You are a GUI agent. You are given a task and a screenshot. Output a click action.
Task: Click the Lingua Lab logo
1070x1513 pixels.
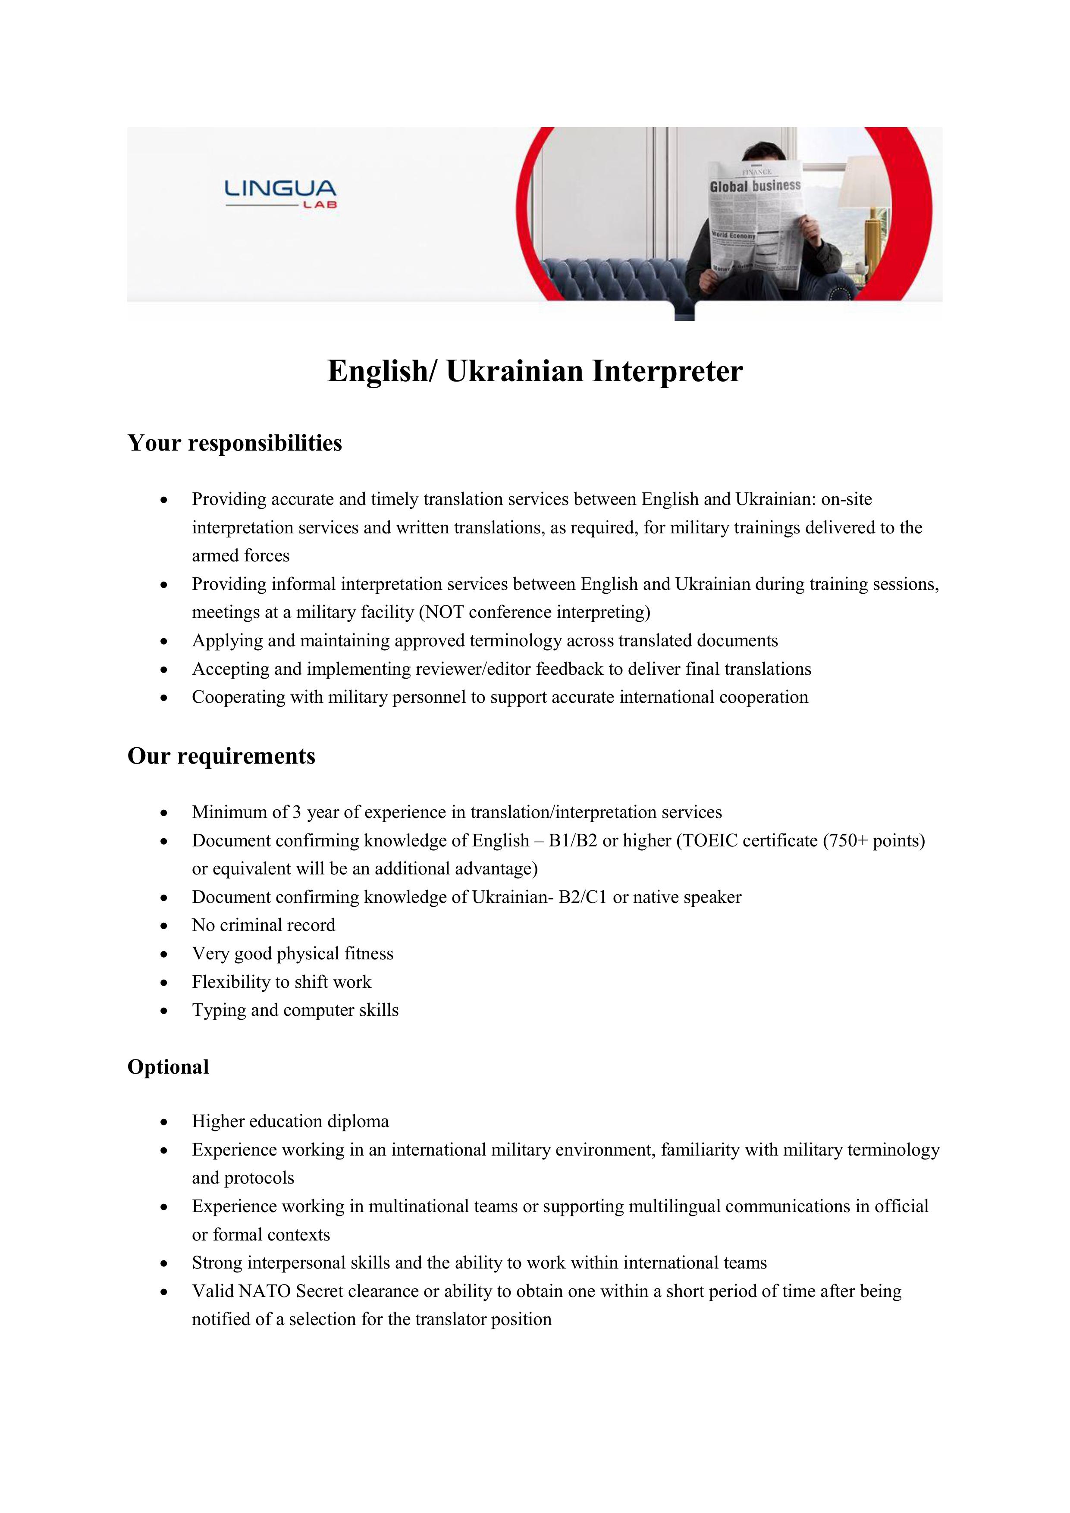pyautogui.click(x=281, y=194)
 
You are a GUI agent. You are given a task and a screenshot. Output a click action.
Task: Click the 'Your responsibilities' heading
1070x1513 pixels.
pyautogui.click(x=235, y=443)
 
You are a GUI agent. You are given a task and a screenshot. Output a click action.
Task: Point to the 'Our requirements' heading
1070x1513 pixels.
pyautogui.click(x=222, y=756)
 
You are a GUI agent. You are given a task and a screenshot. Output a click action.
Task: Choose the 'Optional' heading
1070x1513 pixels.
pyautogui.click(x=168, y=1067)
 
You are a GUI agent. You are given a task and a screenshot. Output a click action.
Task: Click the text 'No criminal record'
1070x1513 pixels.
pyautogui.click(x=264, y=925)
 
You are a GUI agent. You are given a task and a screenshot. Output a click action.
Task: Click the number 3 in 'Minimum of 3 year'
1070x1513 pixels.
pyautogui.click(x=297, y=812)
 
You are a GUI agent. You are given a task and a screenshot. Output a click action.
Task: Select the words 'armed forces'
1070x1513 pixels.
pyautogui.click(x=241, y=555)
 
